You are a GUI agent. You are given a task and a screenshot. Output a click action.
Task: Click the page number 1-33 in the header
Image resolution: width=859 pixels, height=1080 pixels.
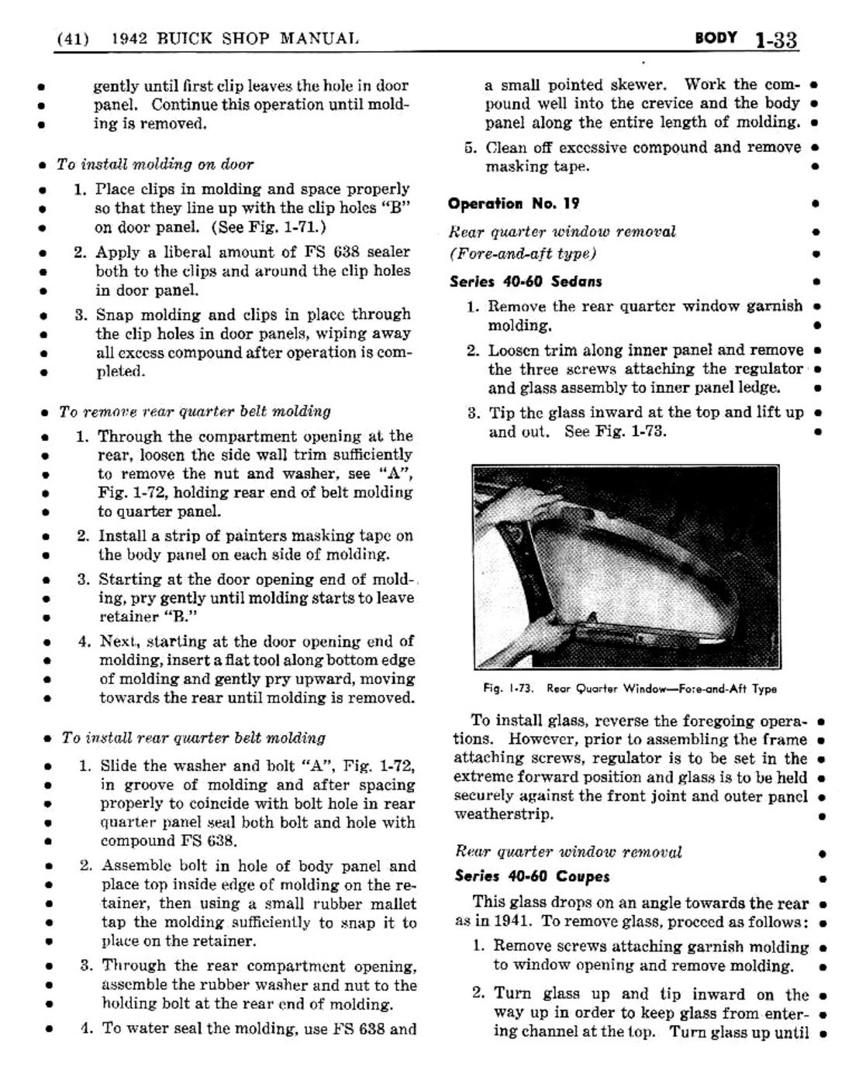(776, 40)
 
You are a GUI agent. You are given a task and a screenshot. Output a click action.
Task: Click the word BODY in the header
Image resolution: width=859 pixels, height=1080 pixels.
(716, 37)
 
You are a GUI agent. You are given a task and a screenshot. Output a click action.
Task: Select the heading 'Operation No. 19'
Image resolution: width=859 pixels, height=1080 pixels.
(513, 204)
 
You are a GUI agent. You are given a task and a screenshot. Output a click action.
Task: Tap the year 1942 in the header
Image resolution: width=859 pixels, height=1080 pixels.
(129, 38)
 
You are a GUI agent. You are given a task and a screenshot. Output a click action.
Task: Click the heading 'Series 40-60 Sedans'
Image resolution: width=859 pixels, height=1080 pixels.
(526, 281)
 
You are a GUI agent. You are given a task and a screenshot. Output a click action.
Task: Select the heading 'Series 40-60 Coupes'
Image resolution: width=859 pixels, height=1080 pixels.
(532, 876)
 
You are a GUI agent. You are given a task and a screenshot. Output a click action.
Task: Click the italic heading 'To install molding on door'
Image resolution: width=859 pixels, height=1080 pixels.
(155, 164)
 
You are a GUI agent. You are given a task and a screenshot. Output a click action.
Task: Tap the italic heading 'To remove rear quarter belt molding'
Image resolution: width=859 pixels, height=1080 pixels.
(195, 411)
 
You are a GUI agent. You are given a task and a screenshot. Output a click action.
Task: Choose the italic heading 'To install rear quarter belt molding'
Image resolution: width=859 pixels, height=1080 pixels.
(194, 738)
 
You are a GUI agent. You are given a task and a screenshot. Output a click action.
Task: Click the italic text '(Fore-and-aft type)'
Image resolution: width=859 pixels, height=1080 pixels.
(523, 253)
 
